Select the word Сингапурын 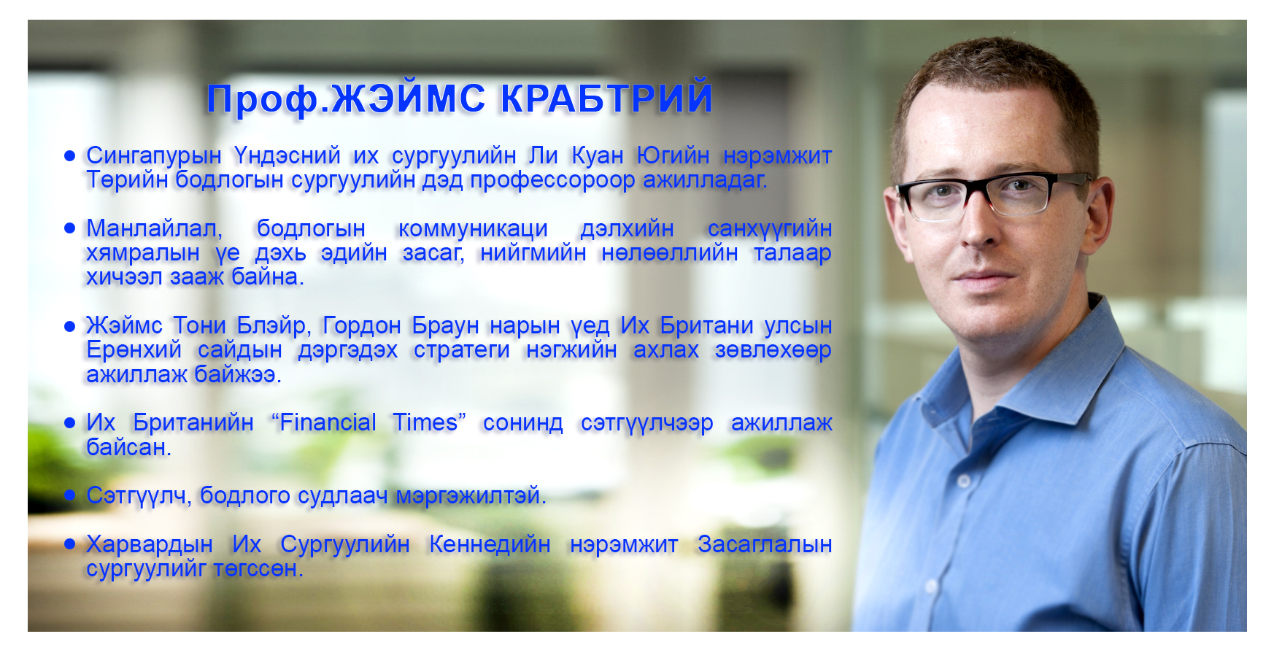[154, 156]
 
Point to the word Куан [598, 155]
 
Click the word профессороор [552, 180]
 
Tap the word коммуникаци [473, 229]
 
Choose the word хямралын [143, 253]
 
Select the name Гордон [362, 325]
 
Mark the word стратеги [462, 350]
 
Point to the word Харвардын [150, 544]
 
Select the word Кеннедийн [490, 544]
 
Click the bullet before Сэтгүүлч [70, 495]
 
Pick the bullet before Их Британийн [70, 422]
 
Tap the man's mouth [978, 278]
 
